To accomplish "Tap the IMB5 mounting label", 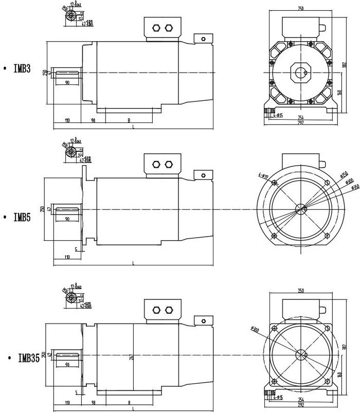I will coord(22,218).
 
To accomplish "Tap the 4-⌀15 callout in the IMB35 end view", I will coord(278,398).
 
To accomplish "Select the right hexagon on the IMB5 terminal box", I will coord(169,165).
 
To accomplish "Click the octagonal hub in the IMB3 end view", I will coord(300,71).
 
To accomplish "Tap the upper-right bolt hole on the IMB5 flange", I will coord(328,182).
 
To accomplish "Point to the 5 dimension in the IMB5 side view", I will coord(76,249).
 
